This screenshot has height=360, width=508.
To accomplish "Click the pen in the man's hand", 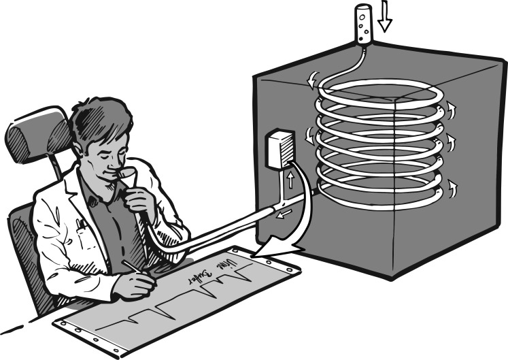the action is click(x=133, y=269).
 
